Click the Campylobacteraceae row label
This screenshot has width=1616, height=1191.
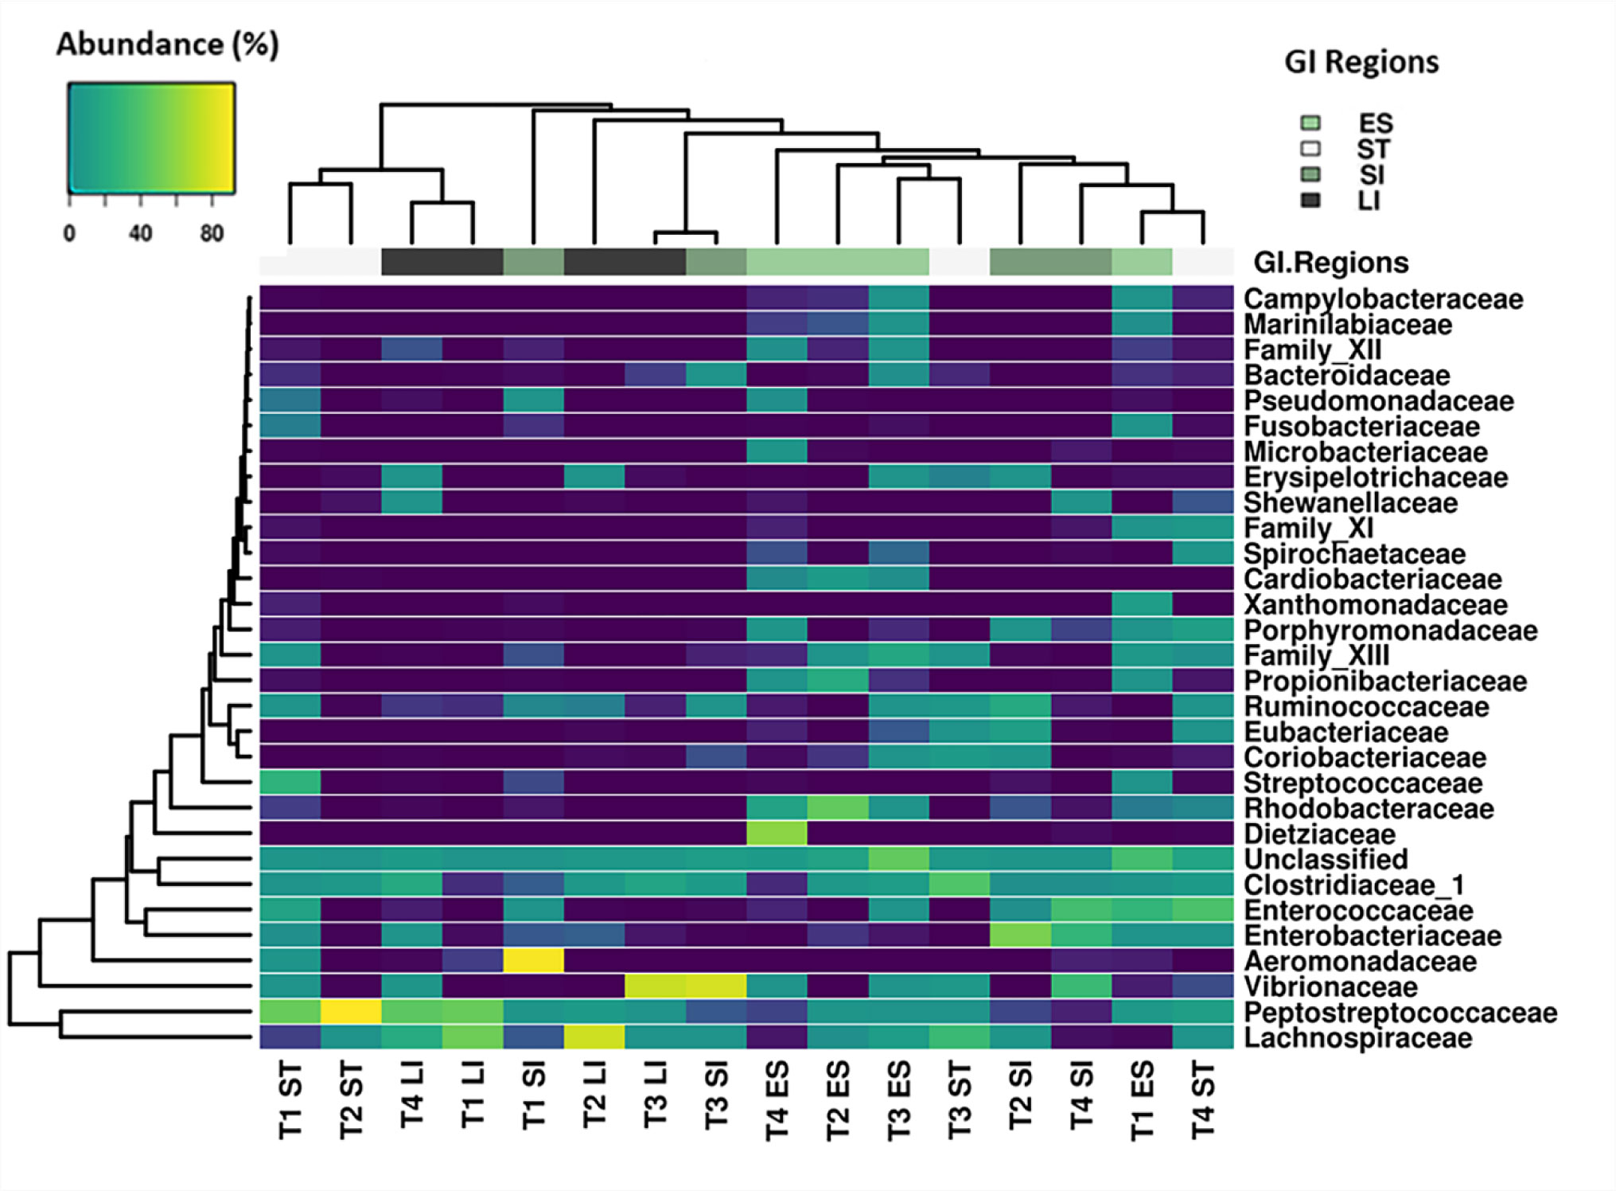(1383, 299)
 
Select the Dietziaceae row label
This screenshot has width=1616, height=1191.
(1319, 834)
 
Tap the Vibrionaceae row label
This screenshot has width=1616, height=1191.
(1330, 987)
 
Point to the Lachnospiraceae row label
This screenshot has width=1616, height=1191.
(1357, 1038)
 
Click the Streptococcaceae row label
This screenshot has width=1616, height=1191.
(1363, 783)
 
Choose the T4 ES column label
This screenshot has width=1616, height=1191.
(777, 1100)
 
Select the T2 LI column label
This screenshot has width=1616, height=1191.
(594, 1095)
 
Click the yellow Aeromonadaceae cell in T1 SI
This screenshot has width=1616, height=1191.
(534, 961)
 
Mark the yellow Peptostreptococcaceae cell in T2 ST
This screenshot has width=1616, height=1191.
(351, 1012)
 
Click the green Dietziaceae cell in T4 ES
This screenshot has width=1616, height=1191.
(777, 834)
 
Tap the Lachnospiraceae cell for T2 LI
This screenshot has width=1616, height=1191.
(594, 1037)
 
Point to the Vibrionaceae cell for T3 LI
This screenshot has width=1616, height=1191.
(655, 986)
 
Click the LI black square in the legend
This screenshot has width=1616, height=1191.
(1310, 200)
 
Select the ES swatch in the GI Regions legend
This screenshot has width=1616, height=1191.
(1310, 123)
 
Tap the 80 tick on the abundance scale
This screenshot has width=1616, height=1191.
(212, 233)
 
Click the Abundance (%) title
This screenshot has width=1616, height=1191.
(167, 45)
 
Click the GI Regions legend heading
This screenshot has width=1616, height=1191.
(1361, 62)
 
